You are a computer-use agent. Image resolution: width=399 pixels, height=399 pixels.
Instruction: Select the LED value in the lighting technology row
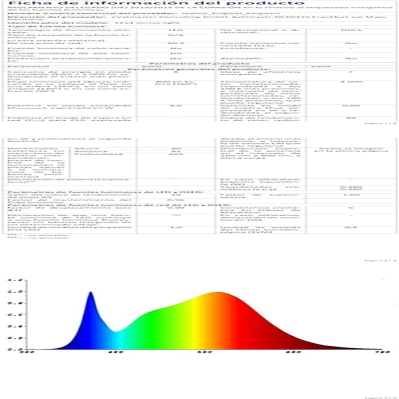pyautogui.click(x=175, y=30)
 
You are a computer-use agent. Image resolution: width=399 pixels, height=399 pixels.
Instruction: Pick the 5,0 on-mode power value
pyautogui.click(x=175, y=106)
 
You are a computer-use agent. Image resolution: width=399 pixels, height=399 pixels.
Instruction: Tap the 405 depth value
pyautogui.click(x=175, y=154)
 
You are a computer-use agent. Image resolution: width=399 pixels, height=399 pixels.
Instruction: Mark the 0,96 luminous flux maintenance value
pyautogui.click(x=175, y=200)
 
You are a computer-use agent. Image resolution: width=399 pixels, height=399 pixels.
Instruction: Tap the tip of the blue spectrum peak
pyautogui.click(x=91, y=292)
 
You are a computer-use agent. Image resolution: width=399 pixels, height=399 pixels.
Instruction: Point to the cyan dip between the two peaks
pyautogui.click(x=115, y=331)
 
